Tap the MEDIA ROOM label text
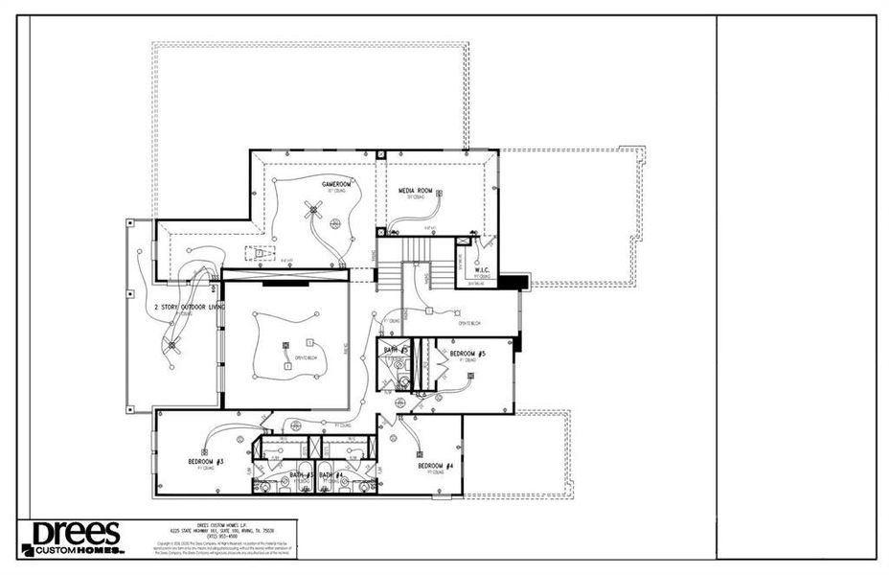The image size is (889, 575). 416,191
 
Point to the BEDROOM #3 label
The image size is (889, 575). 205,462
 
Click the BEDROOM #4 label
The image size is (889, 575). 435,466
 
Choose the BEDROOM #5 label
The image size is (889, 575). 468,355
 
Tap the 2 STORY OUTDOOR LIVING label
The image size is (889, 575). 189,308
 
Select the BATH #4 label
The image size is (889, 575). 331,475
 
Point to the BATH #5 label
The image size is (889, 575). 396,351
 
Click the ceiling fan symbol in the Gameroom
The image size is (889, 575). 310,210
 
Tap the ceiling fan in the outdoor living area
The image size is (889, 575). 172,345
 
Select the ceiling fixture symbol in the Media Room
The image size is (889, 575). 439,195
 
